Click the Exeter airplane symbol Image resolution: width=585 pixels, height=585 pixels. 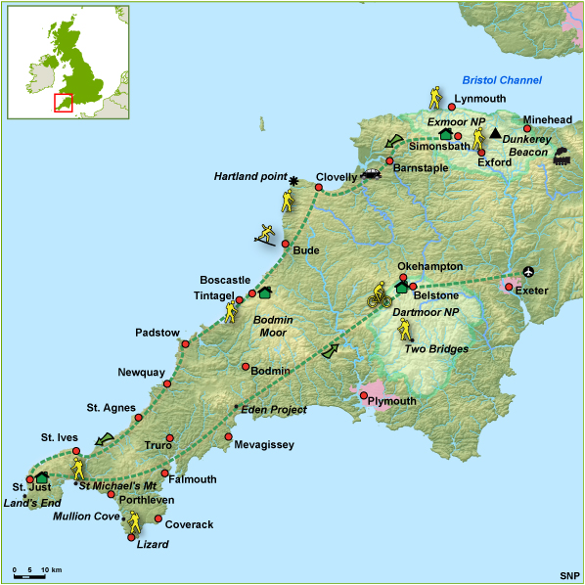(x=529, y=271)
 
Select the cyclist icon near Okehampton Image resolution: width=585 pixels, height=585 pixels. (x=378, y=294)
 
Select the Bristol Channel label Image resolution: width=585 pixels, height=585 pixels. (x=502, y=80)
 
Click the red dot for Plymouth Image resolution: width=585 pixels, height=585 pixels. (x=364, y=396)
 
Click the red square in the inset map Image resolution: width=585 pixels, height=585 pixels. (x=63, y=103)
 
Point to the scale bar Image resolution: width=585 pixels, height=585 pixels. (x=38, y=575)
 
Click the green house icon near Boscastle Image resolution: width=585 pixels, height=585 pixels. (x=264, y=292)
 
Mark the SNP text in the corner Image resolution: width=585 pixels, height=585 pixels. (x=568, y=574)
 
